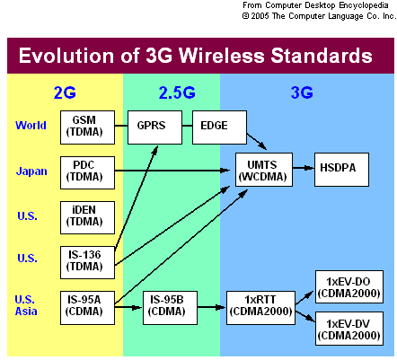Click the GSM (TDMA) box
(87, 127)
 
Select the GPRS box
(154, 127)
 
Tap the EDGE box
(219, 127)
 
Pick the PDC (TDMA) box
(87, 172)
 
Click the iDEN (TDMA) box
(87, 217)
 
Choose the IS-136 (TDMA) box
(87, 262)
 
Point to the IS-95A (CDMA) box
(87, 308)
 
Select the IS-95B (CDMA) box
(170, 308)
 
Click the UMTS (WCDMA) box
(264, 170)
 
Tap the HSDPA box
(341, 170)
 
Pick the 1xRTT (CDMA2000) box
(260, 308)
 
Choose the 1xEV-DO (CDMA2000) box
(349, 287)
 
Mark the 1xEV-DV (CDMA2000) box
(349, 329)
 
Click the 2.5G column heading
(177, 92)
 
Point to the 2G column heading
(65, 92)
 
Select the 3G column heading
(302, 92)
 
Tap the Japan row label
(31, 171)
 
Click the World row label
(31, 125)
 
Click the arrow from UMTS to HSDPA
(304, 168)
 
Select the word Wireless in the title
(222, 56)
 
